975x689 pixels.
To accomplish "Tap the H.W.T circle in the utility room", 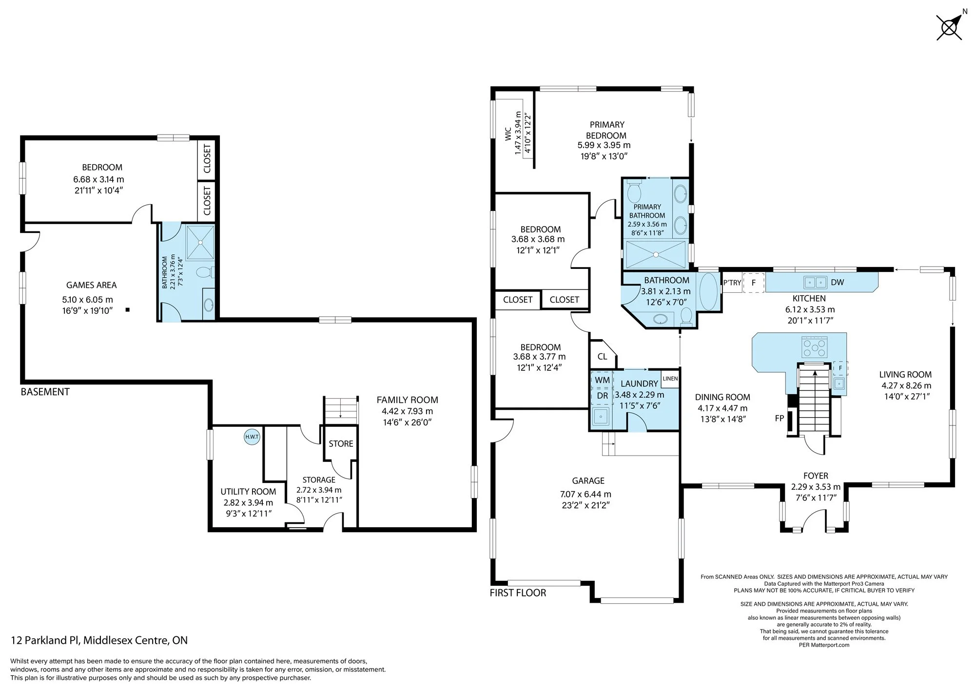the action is [x=252, y=437].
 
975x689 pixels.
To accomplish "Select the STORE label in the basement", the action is [x=341, y=444].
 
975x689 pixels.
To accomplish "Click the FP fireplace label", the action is [x=779, y=418].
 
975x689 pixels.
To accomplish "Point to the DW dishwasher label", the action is [x=838, y=282].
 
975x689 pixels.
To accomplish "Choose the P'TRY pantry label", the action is [x=732, y=283].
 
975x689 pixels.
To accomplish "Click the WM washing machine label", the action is [x=603, y=380].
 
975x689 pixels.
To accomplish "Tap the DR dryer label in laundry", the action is [x=603, y=396].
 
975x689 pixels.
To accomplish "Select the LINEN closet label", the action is [x=670, y=378].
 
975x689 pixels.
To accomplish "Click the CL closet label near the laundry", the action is [x=602, y=357].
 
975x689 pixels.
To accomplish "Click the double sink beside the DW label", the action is [x=815, y=282].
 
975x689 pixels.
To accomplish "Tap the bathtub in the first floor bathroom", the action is [x=709, y=292].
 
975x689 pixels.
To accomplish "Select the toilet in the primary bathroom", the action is [x=634, y=192].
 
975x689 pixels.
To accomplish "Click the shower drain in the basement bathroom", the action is [x=200, y=243].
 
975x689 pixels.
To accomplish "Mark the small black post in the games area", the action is [x=128, y=309].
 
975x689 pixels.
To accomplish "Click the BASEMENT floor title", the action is [x=45, y=392].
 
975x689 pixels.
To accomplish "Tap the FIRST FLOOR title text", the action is [x=518, y=593].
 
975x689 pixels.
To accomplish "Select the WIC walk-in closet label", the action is [x=507, y=134].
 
